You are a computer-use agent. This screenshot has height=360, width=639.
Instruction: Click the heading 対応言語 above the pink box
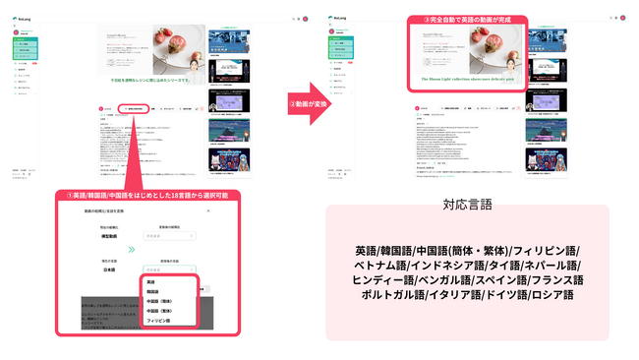(467, 207)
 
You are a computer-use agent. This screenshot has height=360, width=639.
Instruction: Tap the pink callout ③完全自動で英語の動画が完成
(460, 19)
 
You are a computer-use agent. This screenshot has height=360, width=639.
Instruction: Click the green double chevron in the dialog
(132, 250)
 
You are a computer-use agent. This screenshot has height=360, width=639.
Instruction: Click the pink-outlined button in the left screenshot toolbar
(134, 108)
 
